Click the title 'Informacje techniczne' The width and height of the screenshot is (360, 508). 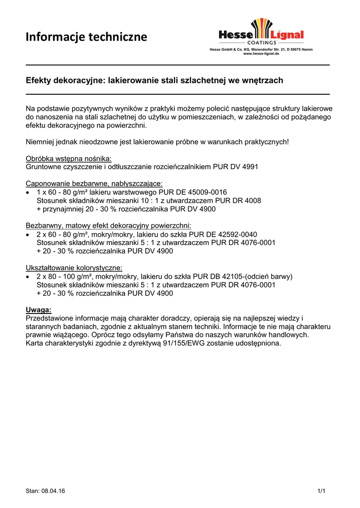tap(86, 37)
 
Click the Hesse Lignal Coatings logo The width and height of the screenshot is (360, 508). tap(261, 32)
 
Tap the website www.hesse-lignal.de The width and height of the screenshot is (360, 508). tap(261, 54)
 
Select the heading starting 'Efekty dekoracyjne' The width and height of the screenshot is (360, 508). tap(154, 80)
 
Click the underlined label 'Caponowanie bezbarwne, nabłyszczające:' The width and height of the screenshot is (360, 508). tap(94, 184)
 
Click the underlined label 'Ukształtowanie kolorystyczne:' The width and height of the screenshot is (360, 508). tap(74, 268)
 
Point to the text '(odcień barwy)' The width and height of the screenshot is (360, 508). tap(269, 276)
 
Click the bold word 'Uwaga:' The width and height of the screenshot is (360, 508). tap(38, 310)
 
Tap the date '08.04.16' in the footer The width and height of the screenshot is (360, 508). tap(54, 491)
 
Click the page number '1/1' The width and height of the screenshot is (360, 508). tap(321, 491)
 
